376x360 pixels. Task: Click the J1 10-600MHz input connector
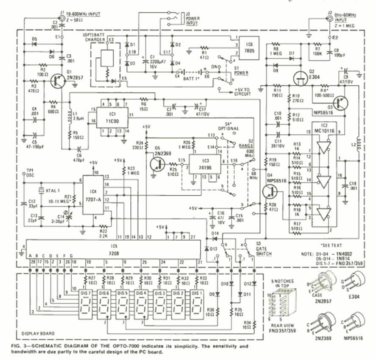point(63,19)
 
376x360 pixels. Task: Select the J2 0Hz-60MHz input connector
point(330,19)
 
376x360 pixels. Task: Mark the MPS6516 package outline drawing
point(356,323)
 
